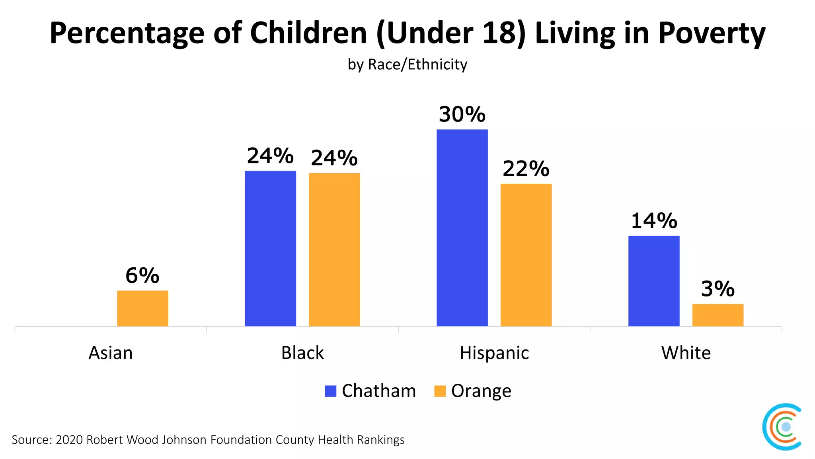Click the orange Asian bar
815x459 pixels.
tap(142, 308)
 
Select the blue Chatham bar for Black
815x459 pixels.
tap(270, 249)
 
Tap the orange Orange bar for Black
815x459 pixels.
tap(334, 250)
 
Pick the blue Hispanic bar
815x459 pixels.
tap(462, 228)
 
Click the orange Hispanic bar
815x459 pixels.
tap(526, 255)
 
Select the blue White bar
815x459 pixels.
tap(654, 281)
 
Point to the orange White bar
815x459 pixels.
tap(718, 315)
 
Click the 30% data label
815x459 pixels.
tap(462, 114)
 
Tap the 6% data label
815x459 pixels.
tap(142, 275)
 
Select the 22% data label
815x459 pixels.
tap(526, 169)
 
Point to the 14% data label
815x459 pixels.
tap(654, 221)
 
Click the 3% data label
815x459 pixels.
tap(718, 289)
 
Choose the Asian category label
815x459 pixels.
tap(111, 353)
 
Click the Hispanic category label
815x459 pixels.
tap(494, 353)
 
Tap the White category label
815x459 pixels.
tap(686, 353)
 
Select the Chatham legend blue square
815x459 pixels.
tap(331, 391)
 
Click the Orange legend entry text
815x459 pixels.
tap(481, 391)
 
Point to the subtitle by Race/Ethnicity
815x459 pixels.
tap(407, 65)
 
